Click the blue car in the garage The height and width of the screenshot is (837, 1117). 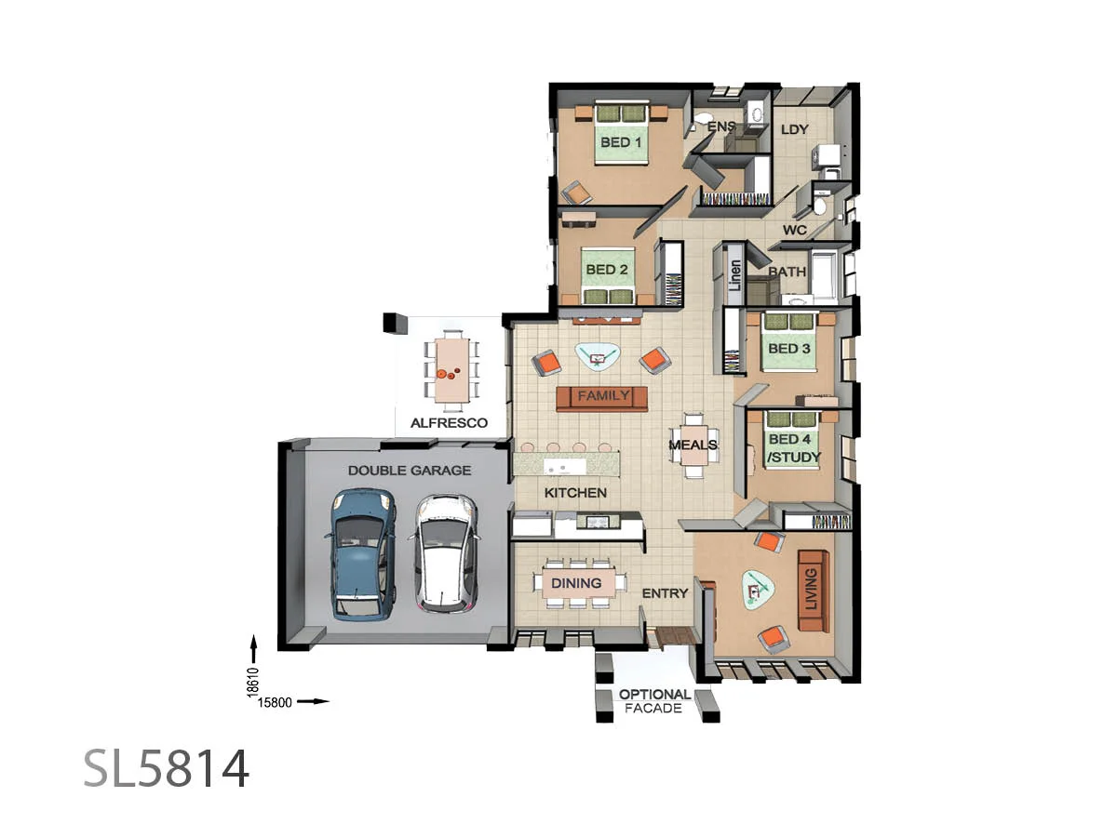point(360,554)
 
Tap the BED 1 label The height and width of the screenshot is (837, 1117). point(621,142)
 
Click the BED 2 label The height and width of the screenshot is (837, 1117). point(607,270)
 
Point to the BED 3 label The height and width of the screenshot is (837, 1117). point(788,349)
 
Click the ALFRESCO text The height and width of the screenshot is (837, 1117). point(450,422)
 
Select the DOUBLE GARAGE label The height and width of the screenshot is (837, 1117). point(410,471)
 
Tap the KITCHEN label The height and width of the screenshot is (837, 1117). point(575,493)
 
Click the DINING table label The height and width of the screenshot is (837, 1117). point(576,583)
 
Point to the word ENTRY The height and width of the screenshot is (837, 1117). point(666,592)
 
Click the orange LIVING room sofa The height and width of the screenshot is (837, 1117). point(813,591)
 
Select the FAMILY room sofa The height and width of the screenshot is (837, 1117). point(602,397)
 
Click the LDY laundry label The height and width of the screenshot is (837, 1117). point(794,129)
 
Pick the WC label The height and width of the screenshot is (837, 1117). point(794,230)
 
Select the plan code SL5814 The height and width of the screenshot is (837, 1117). point(167,769)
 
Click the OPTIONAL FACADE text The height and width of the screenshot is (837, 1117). point(655,701)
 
